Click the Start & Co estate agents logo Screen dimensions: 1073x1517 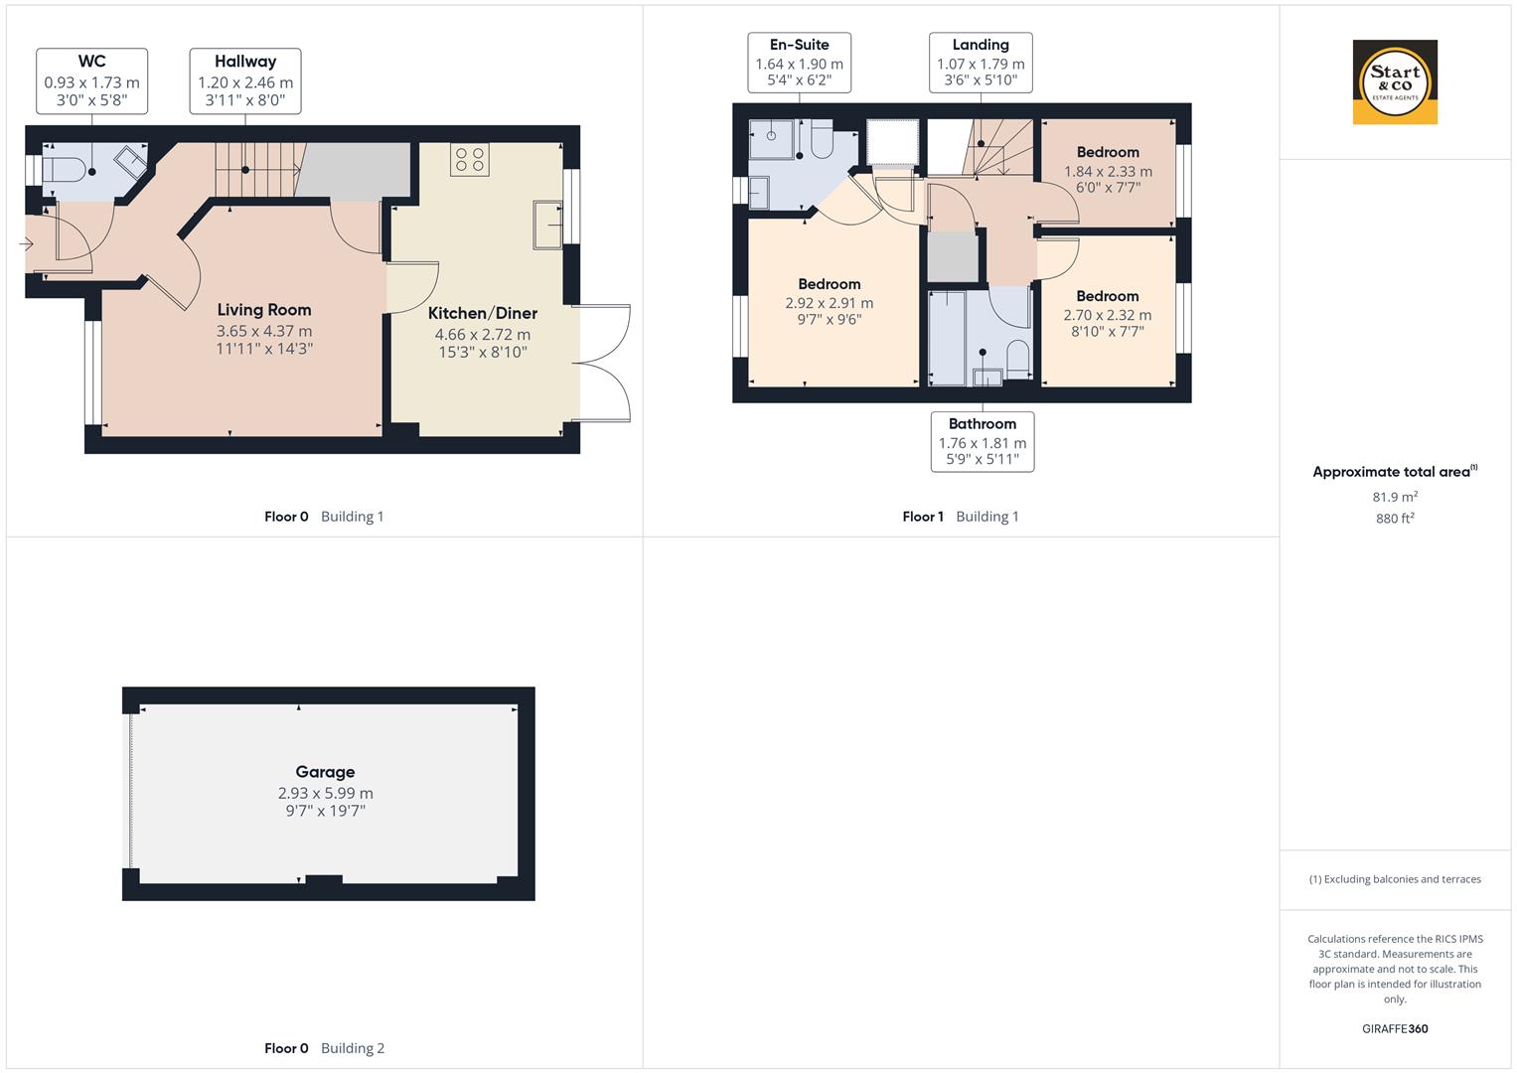[1395, 82]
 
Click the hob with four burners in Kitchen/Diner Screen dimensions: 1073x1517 [469, 159]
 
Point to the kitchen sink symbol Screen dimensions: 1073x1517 [546, 225]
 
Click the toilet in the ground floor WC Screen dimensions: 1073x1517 [66, 168]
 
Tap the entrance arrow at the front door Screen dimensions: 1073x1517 [26, 243]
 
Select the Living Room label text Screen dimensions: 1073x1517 [264, 310]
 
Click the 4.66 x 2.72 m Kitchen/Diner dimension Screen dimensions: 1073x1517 [483, 335]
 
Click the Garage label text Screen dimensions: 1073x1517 [325, 772]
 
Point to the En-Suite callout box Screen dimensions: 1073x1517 [799, 63]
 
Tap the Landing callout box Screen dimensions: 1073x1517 [981, 63]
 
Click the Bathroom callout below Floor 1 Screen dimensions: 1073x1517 [983, 441]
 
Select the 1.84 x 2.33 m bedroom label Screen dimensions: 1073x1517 [1108, 170]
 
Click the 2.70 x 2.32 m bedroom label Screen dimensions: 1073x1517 [1108, 314]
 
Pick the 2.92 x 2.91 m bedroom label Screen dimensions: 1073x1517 [830, 302]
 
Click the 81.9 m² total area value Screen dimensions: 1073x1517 [1395, 497]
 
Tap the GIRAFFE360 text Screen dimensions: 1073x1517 [1395, 1028]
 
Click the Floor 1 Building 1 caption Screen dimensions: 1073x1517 [960, 517]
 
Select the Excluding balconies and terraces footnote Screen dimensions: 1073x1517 [1395, 879]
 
